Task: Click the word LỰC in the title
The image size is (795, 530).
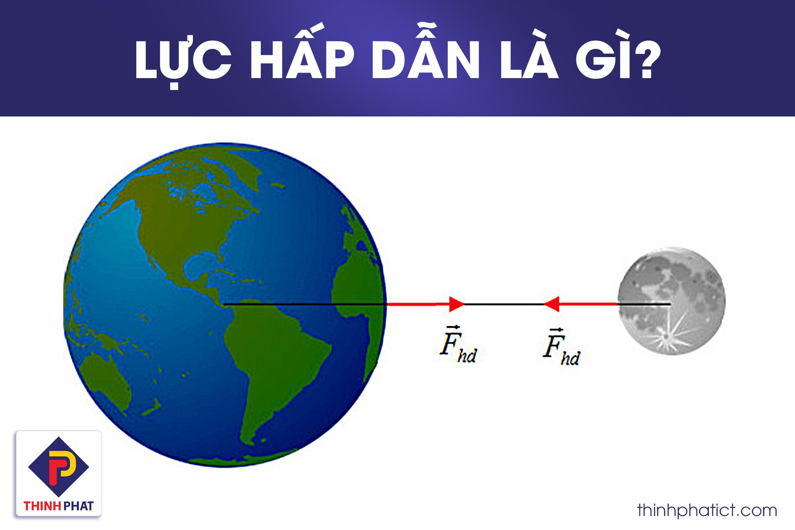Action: (x=182, y=60)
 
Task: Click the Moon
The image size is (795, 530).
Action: (x=672, y=301)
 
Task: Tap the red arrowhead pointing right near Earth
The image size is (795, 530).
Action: (x=457, y=304)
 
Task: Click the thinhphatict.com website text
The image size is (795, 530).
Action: (x=707, y=510)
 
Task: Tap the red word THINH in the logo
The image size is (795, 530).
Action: (x=42, y=506)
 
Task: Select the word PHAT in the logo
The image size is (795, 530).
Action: (x=78, y=506)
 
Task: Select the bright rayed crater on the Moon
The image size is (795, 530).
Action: (x=666, y=336)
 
